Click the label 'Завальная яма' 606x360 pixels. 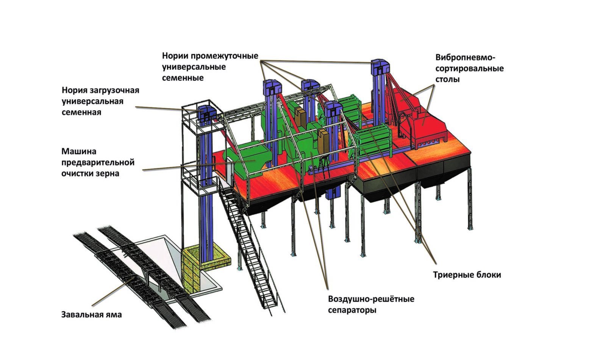pos(91,315)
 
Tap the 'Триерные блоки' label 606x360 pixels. pos(467,275)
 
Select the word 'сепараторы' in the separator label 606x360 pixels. pos(352,310)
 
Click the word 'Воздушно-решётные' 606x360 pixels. pos(371,299)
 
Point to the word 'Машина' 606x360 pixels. pos(79,151)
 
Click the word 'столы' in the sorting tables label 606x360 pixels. pos(447,79)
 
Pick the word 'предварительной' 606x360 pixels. pos(98,162)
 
